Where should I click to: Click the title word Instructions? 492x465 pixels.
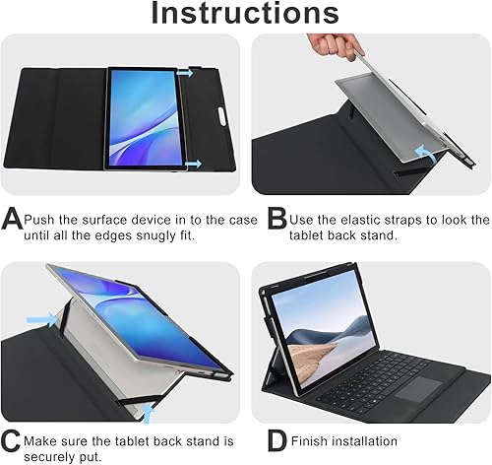pyautogui.click(x=245, y=15)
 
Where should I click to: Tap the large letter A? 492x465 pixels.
pyautogui.click(x=13, y=219)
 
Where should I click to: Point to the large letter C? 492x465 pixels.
pyautogui.click(x=12, y=441)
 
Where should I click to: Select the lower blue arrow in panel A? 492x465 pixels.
pyautogui.click(x=192, y=165)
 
